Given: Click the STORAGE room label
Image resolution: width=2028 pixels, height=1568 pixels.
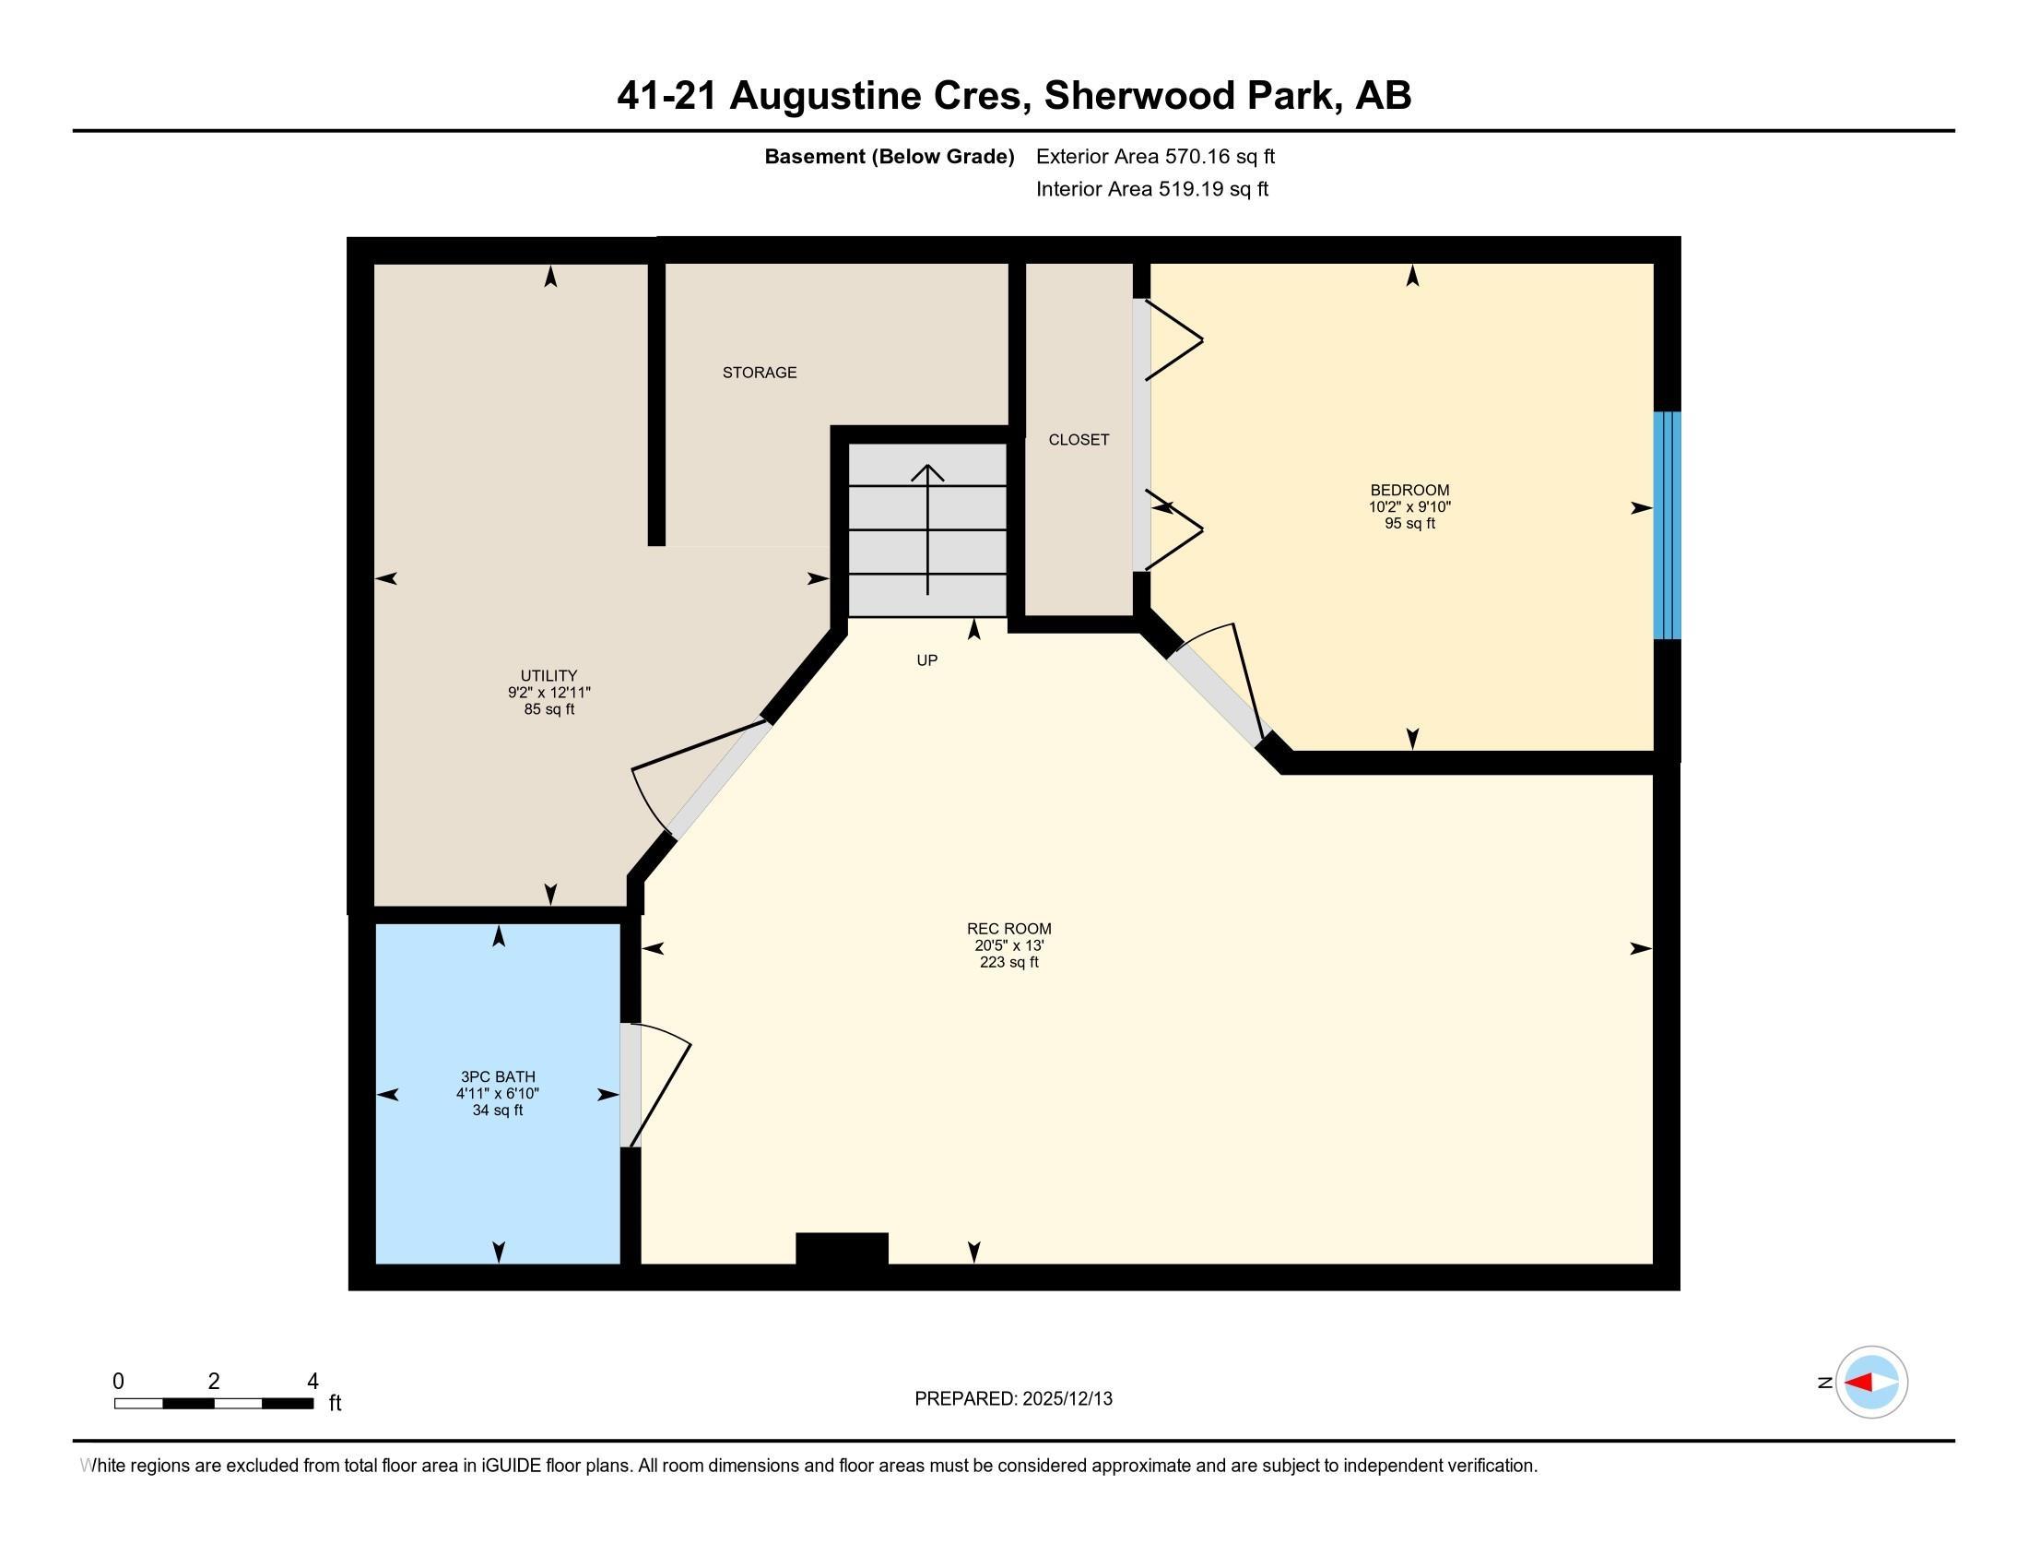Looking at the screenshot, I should pos(759,373).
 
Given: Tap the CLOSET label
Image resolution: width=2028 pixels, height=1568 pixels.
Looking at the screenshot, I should pos(1079,439).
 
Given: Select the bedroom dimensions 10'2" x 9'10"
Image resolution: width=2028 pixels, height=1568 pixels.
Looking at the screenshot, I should pos(1409,507).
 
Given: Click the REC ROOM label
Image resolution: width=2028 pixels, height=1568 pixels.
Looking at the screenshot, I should pos(1008,928).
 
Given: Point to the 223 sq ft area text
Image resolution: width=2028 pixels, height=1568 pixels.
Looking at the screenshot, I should pos(1008,962).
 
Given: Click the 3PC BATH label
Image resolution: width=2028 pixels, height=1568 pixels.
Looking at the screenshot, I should pos(498,1076).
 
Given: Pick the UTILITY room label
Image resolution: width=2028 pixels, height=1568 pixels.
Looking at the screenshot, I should pos(548,675).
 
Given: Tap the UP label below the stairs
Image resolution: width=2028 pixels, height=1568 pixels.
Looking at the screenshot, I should pos(926,660).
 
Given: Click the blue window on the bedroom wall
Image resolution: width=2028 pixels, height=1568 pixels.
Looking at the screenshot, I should pos(1667,526).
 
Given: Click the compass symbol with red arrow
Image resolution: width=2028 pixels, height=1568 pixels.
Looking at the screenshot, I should pos(1871,1382).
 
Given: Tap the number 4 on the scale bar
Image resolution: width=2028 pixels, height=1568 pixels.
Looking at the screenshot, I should pos(312,1381).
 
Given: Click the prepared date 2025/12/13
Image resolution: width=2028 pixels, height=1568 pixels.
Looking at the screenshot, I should pos(1066,1399).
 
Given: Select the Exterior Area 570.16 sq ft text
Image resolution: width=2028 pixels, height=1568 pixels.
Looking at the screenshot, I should pos(1154,157).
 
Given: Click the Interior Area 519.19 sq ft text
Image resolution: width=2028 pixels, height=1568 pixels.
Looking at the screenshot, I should pos(1151,189).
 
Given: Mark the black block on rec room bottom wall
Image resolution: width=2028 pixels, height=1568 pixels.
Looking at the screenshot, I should pos(842,1249).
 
